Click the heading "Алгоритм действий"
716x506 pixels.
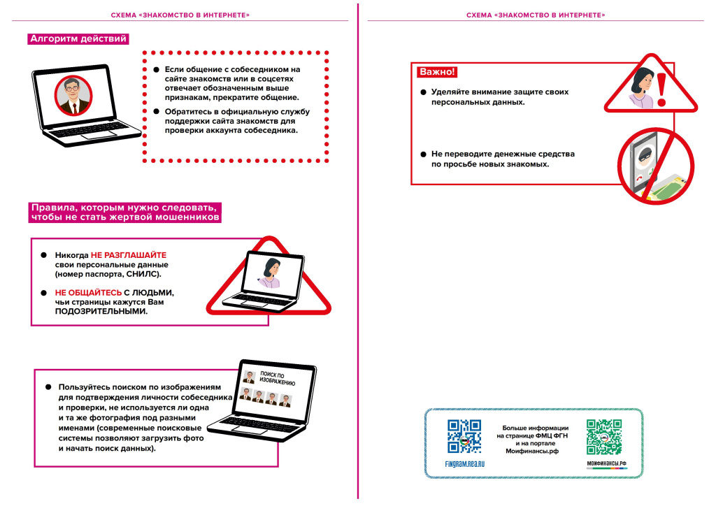[78, 39]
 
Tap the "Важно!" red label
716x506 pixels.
[437, 72]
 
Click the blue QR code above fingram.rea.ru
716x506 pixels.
[464, 436]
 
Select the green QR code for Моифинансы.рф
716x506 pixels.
[604, 437]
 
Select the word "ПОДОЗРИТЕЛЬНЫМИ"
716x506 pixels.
[101, 311]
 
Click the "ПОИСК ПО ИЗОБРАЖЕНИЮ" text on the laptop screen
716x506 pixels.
[277, 379]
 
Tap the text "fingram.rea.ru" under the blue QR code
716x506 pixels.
[464, 463]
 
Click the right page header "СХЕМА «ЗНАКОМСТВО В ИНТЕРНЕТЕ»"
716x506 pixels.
[536, 15]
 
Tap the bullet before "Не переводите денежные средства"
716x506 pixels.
[423, 154]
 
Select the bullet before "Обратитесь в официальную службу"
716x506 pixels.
[156, 111]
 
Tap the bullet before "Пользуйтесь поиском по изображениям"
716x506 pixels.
[49, 386]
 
